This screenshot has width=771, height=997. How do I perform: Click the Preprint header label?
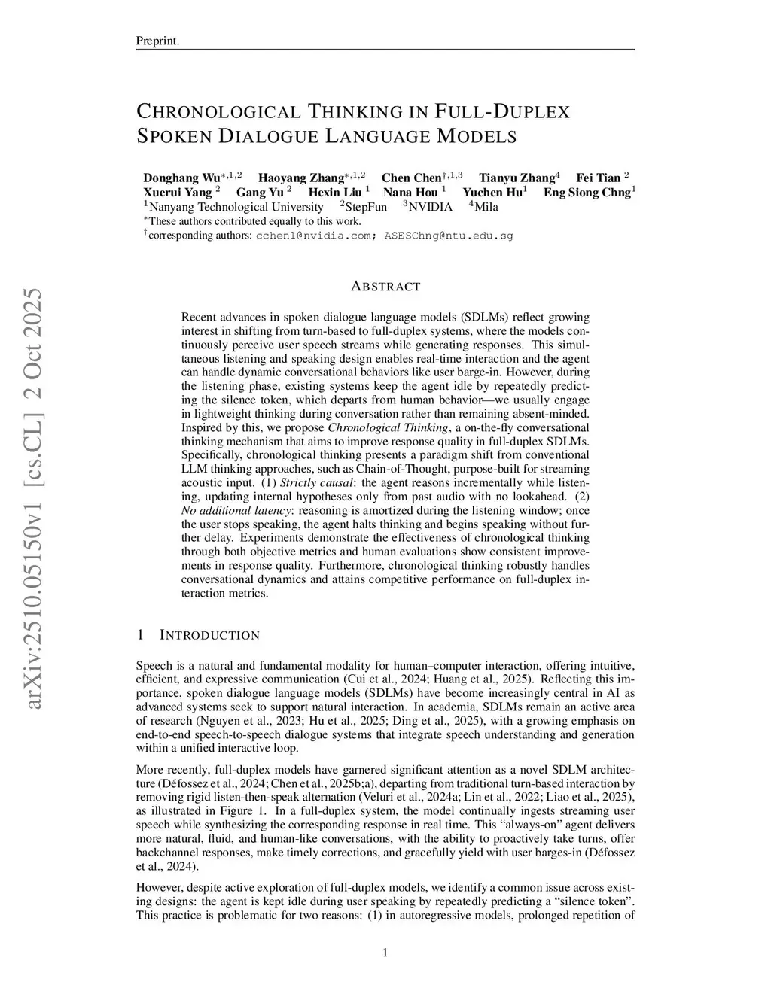click(157, 41)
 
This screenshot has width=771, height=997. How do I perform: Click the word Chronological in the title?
click(218, 112)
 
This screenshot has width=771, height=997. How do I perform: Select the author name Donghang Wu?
click(181, 178)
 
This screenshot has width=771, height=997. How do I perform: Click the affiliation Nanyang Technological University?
click(236, 207)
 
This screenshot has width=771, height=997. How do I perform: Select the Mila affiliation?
click(486, 207)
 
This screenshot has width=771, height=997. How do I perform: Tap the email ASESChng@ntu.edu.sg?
click(449, 236)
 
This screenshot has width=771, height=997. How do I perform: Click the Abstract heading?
click(385, 287)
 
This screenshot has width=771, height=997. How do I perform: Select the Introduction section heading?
click(209, 635)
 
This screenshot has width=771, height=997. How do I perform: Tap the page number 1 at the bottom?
click(385, 953)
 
